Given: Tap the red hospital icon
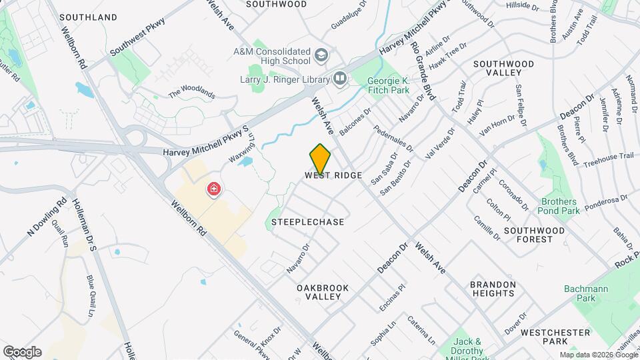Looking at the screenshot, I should pos(214,190).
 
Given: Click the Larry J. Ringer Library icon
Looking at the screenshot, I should pos(340,79).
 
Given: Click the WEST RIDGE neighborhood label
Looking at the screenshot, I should pos(333,175).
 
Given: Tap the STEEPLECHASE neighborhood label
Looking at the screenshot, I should pos(308,222).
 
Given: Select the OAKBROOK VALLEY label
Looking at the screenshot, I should pos(323,292).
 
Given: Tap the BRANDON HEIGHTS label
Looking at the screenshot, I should pos(493,289).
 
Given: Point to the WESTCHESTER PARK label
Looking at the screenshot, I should pos(555,337).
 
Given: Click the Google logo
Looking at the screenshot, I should pos(21,352).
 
